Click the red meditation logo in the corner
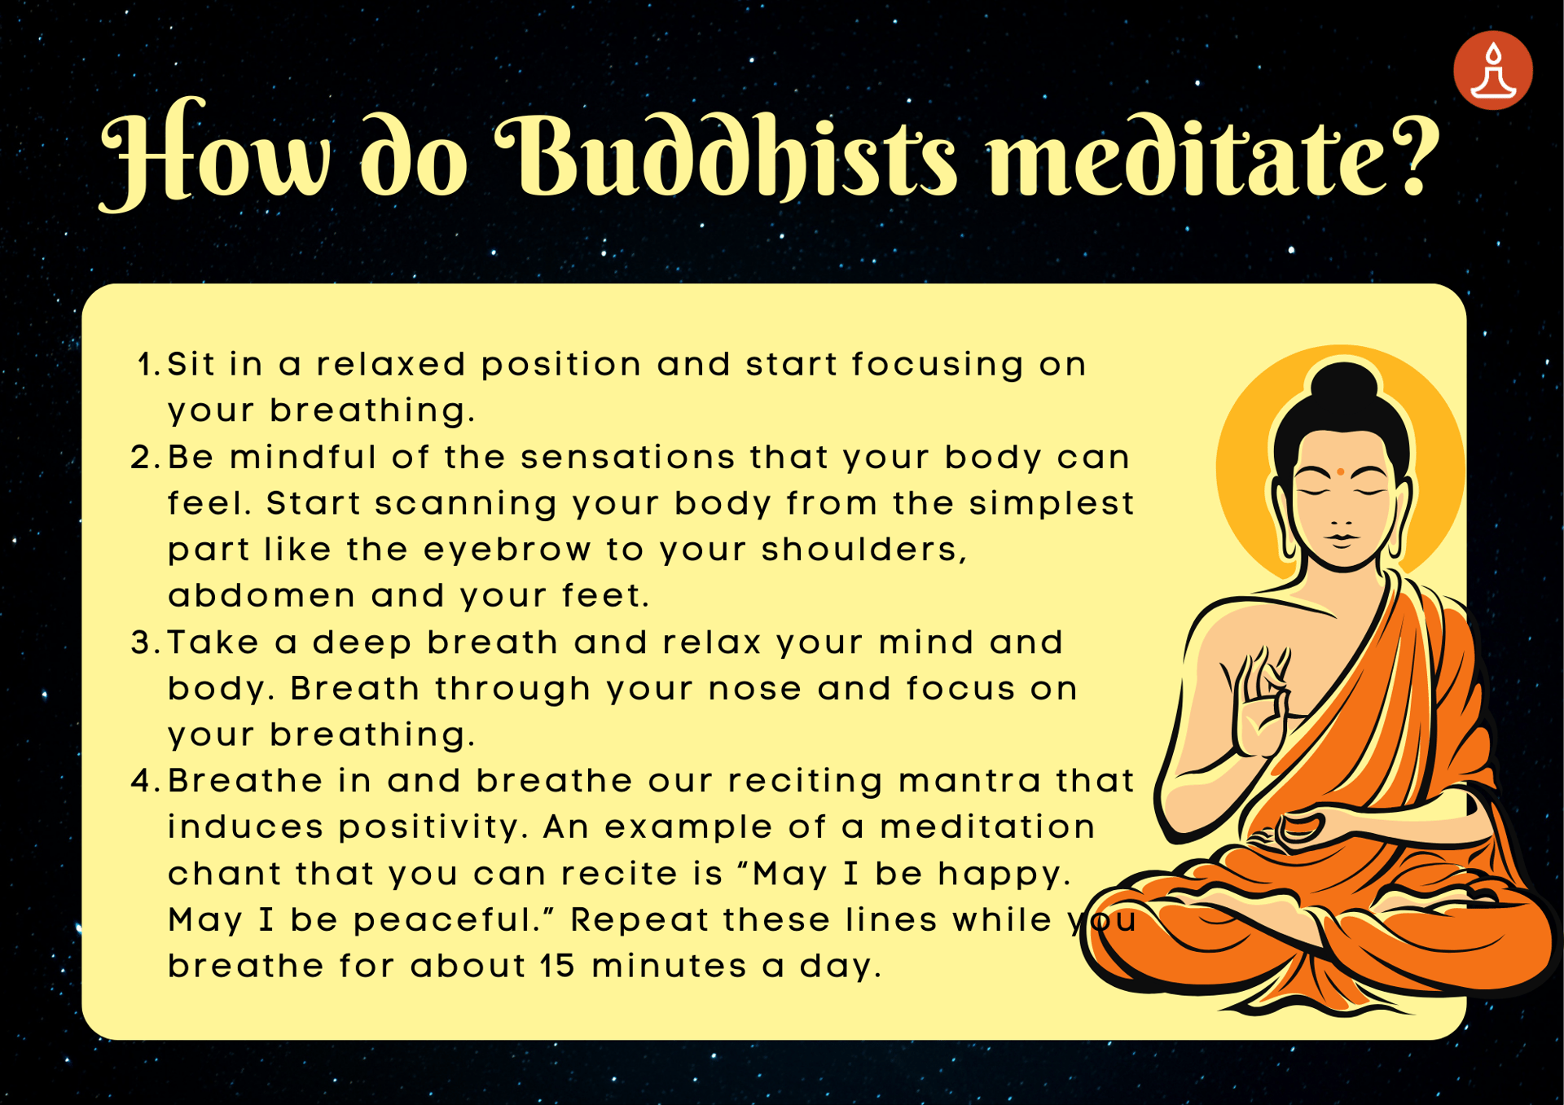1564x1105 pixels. pos(1492,70)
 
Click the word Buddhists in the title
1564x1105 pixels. pos(725,155)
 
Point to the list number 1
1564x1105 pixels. pos(148,365)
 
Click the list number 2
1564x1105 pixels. pos(145,458)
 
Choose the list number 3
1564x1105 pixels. pos(145,643)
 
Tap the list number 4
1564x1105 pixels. pos(145,782)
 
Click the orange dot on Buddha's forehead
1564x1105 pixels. pos(1340,471)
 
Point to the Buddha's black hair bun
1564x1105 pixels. pos(1344,383)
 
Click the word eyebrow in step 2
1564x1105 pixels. pos(507,550)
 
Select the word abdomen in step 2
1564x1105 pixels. pos(261,596)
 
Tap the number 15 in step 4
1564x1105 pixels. pos(557,967)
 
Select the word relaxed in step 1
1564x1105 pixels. pos(391,365)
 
